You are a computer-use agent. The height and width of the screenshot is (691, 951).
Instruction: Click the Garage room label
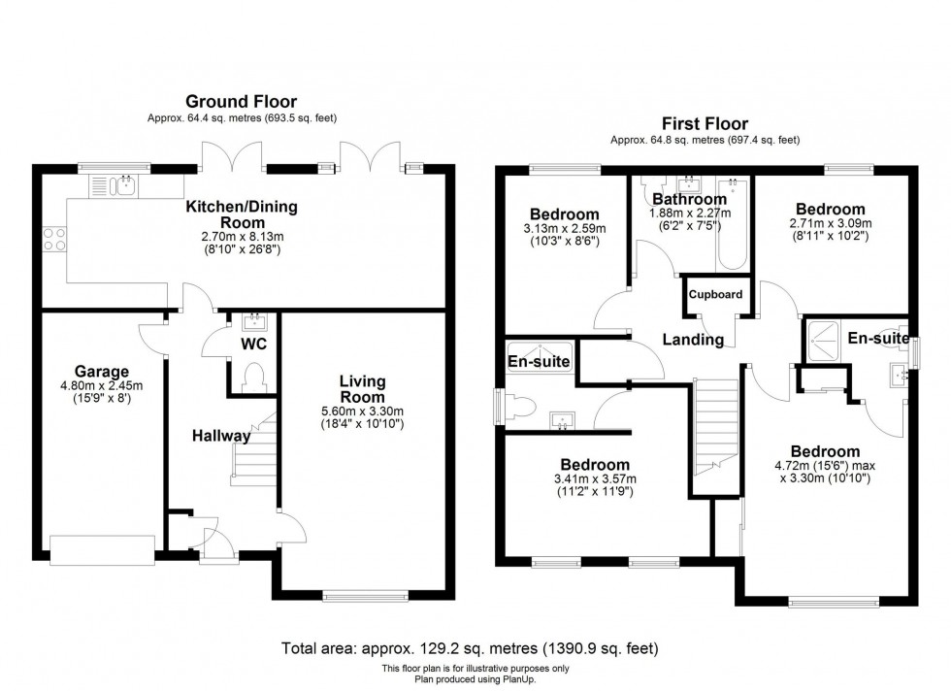click(x=101, y=372)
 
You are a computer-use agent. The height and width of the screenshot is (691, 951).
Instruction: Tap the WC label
click(x=253, y=344)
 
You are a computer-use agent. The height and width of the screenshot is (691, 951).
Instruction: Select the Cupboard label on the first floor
click(x=716, y=294)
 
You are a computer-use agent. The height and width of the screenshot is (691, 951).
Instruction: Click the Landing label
click(x=693, y=340)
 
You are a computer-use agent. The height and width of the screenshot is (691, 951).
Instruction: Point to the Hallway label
click(x=221, y=436)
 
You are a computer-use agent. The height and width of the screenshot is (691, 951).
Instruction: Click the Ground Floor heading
click(x=242, y=101)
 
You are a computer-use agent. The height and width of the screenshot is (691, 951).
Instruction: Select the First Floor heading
click(x=705, y=124)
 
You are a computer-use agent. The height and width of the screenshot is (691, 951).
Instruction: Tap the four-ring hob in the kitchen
click(x=54, y=239)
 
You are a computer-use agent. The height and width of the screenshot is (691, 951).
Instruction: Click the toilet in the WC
click(x=252, y=377)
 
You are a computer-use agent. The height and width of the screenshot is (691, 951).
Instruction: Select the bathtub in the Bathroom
click(x=732, y=224)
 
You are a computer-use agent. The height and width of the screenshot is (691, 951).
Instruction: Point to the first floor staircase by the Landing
click(x=716, y=427)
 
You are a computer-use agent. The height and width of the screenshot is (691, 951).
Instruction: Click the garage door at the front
click(x=103, y=550)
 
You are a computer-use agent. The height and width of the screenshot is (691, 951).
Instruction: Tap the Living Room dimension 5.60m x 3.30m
click(x=362, y=411)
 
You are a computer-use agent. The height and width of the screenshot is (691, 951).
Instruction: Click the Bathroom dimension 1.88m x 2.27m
click(x=690, y=214)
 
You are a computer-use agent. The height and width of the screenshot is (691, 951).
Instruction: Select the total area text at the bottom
click(x=470, y=648)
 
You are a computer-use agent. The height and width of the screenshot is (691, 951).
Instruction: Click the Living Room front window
click(x=366, y=596)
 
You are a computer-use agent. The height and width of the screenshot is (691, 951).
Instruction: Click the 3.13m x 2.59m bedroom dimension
click(x=564, y=229)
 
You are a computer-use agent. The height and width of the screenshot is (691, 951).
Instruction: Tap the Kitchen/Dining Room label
click(x=242, y=214)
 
